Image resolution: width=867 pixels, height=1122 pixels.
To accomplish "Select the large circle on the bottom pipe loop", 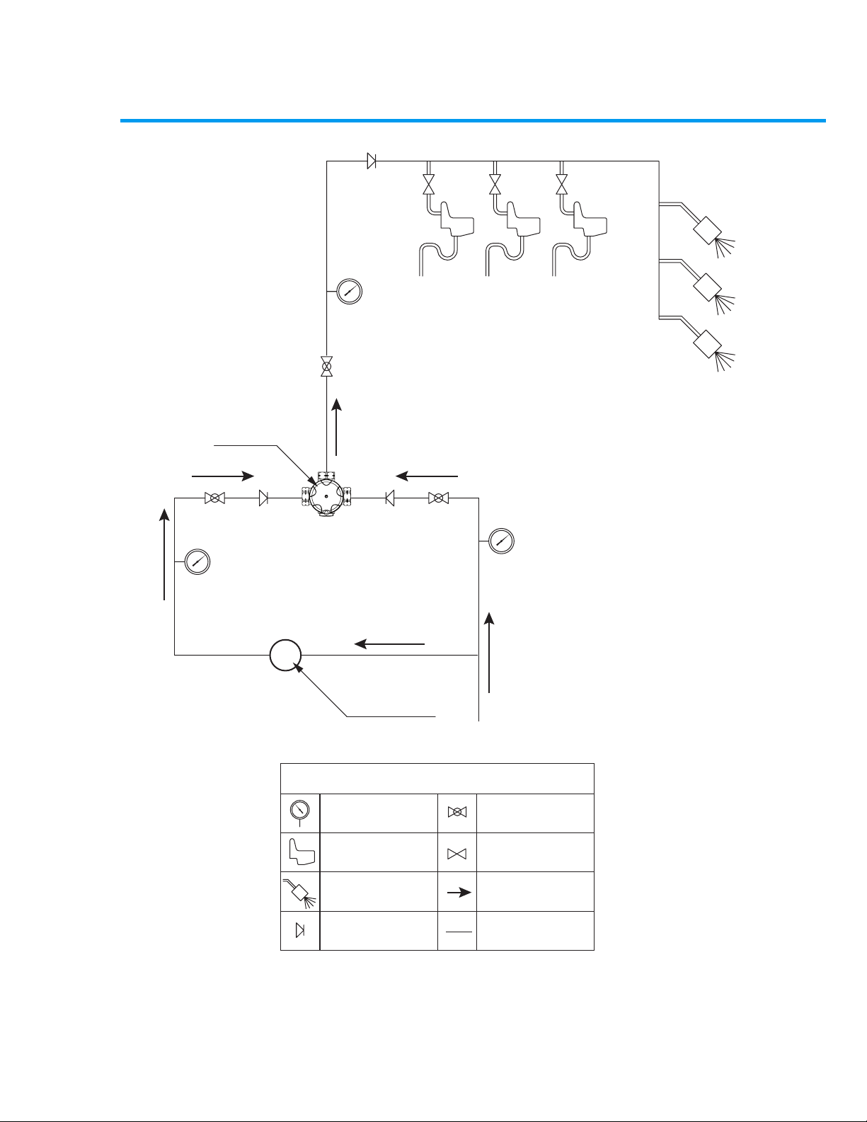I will tap(285, 656).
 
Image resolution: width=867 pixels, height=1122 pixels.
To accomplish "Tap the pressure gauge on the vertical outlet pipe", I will tap(348, 291).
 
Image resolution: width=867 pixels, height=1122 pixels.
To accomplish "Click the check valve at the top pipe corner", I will tap(372, 161).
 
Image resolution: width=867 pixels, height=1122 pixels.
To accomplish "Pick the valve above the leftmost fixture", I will tap(428, 185).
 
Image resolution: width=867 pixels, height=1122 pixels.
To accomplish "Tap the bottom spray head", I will tap(708, 343).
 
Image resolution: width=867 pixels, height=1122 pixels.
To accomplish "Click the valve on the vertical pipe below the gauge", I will tap(326, 367).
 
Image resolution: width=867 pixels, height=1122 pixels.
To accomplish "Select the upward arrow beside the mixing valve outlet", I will tap(337, 427).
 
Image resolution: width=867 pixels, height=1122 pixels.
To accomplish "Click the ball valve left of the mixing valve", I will tap(214, 498).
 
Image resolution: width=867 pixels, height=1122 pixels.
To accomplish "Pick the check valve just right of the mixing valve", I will tap(390, 498).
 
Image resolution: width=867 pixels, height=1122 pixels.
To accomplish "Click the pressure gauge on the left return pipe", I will tap(198, 562).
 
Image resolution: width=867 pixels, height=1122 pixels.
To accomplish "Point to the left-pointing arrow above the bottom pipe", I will tap(389, 643).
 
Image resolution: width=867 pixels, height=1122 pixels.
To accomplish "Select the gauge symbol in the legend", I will tap(300, 811).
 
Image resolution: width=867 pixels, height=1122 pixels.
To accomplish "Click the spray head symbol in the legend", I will tap(300, 891).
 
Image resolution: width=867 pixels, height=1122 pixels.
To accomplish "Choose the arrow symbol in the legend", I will tap(459, 893).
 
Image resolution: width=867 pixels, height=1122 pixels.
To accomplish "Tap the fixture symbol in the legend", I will tap(300, 852).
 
